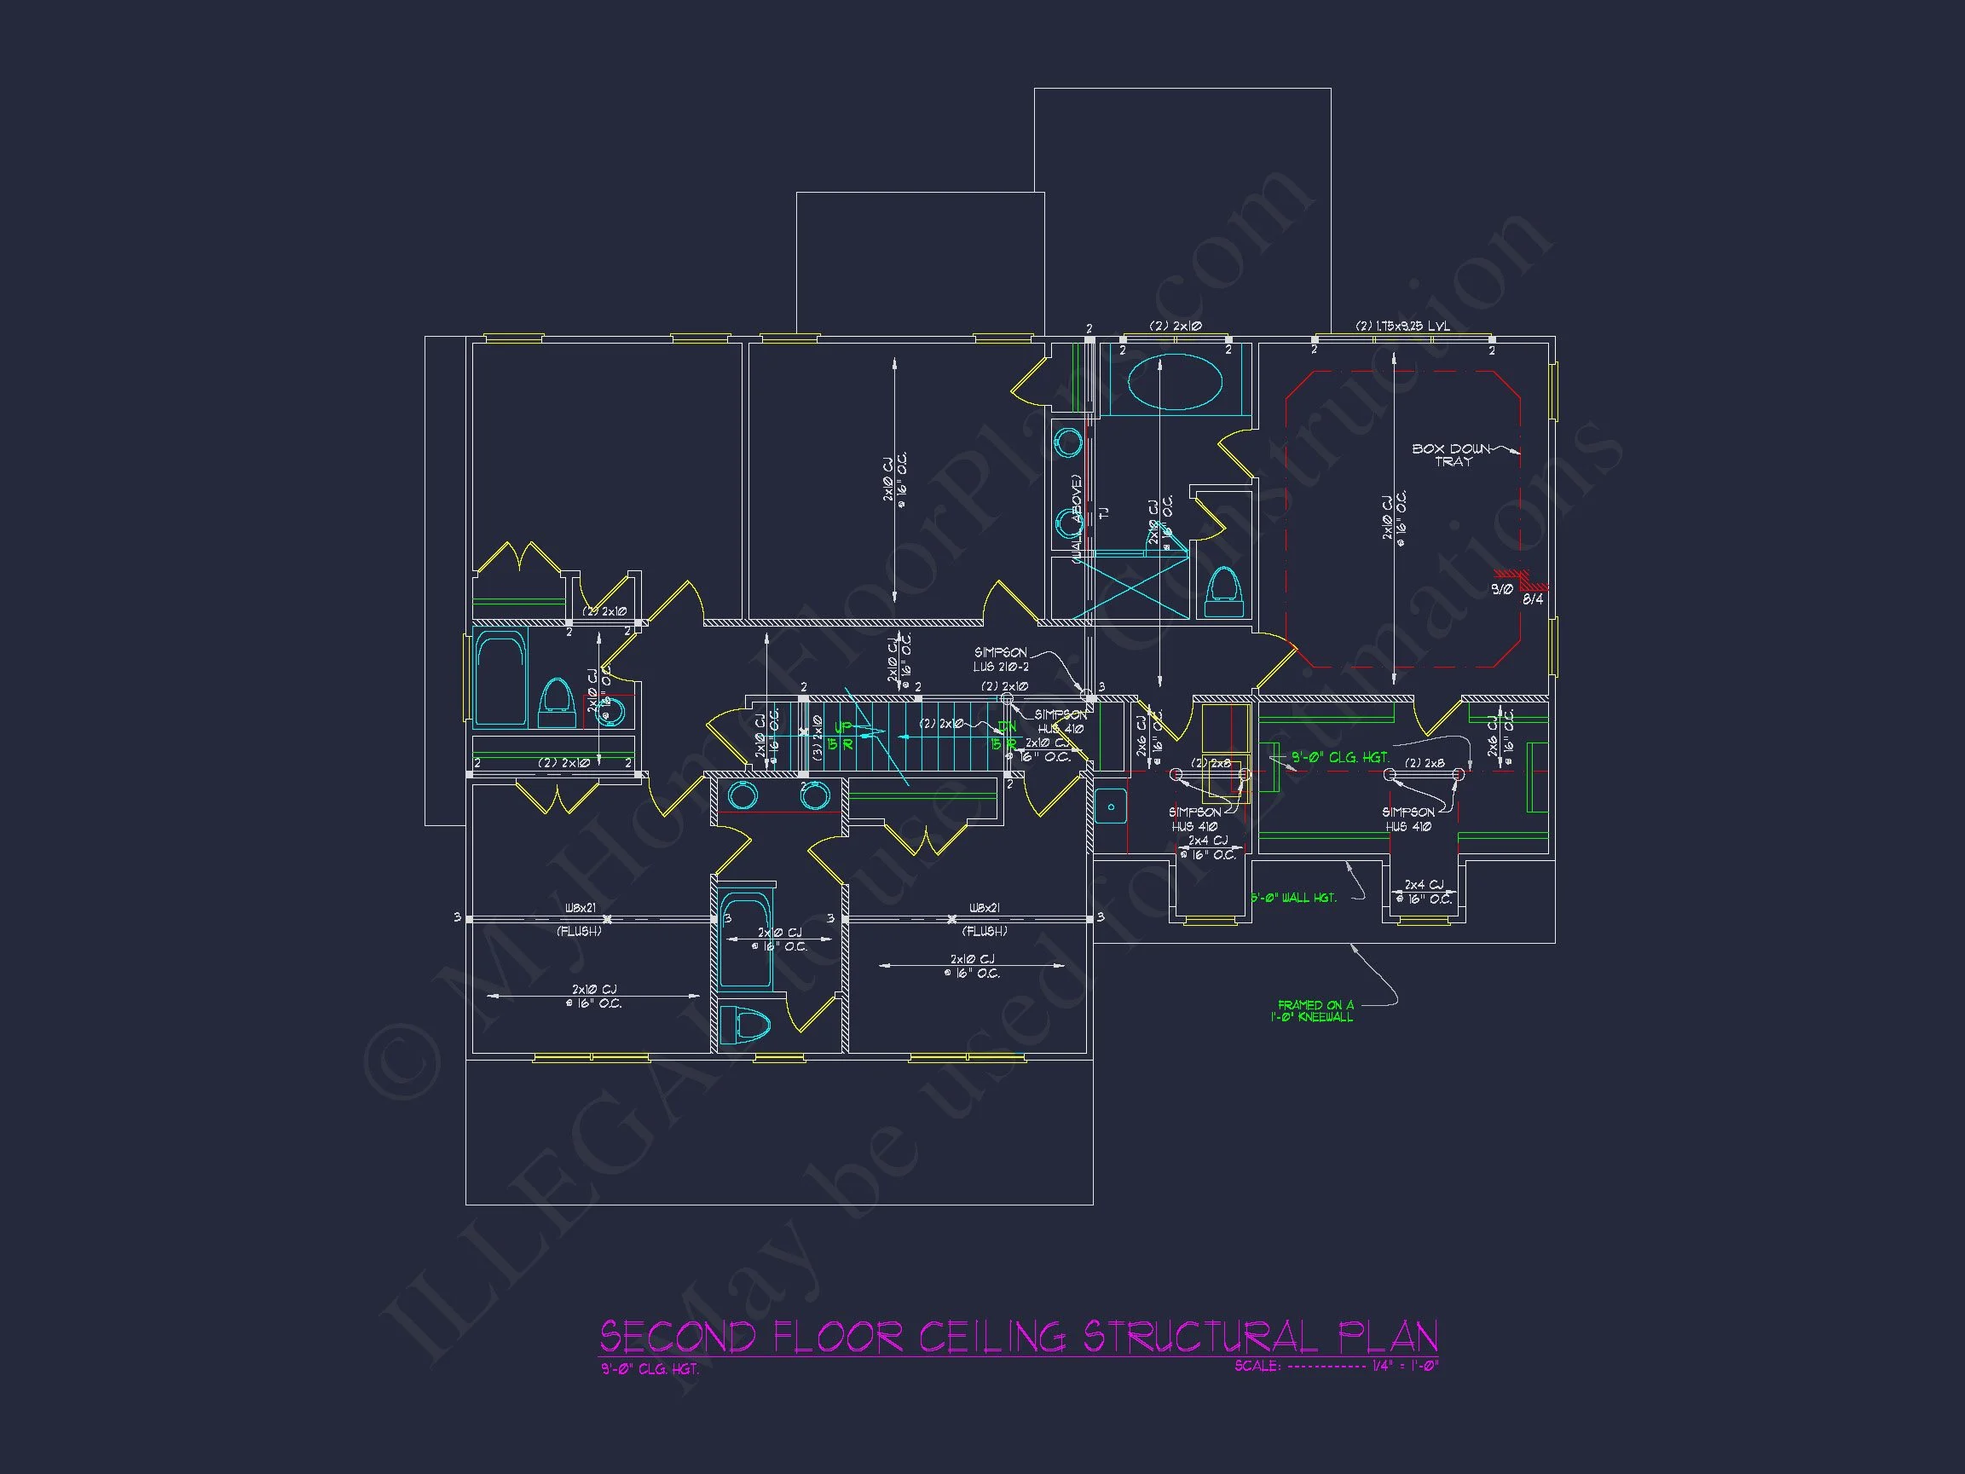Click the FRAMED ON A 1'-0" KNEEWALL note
[x=1314, y=1011]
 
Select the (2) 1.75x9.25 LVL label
[x=1402, y=326]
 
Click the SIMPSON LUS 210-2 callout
[x=1000, y=659]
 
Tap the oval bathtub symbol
[x=1175, y=382]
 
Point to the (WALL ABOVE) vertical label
[x=1077, y=520]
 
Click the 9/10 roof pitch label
[x=1501, y=588]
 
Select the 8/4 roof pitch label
[x=1533, y=599]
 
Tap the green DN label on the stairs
[x=1006, y=727]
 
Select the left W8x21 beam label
[x=581, y=908]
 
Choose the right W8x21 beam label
[x=985, y=908]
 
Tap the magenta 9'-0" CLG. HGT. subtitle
[x=650, y=1369]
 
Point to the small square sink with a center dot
[x=1111, y=806]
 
